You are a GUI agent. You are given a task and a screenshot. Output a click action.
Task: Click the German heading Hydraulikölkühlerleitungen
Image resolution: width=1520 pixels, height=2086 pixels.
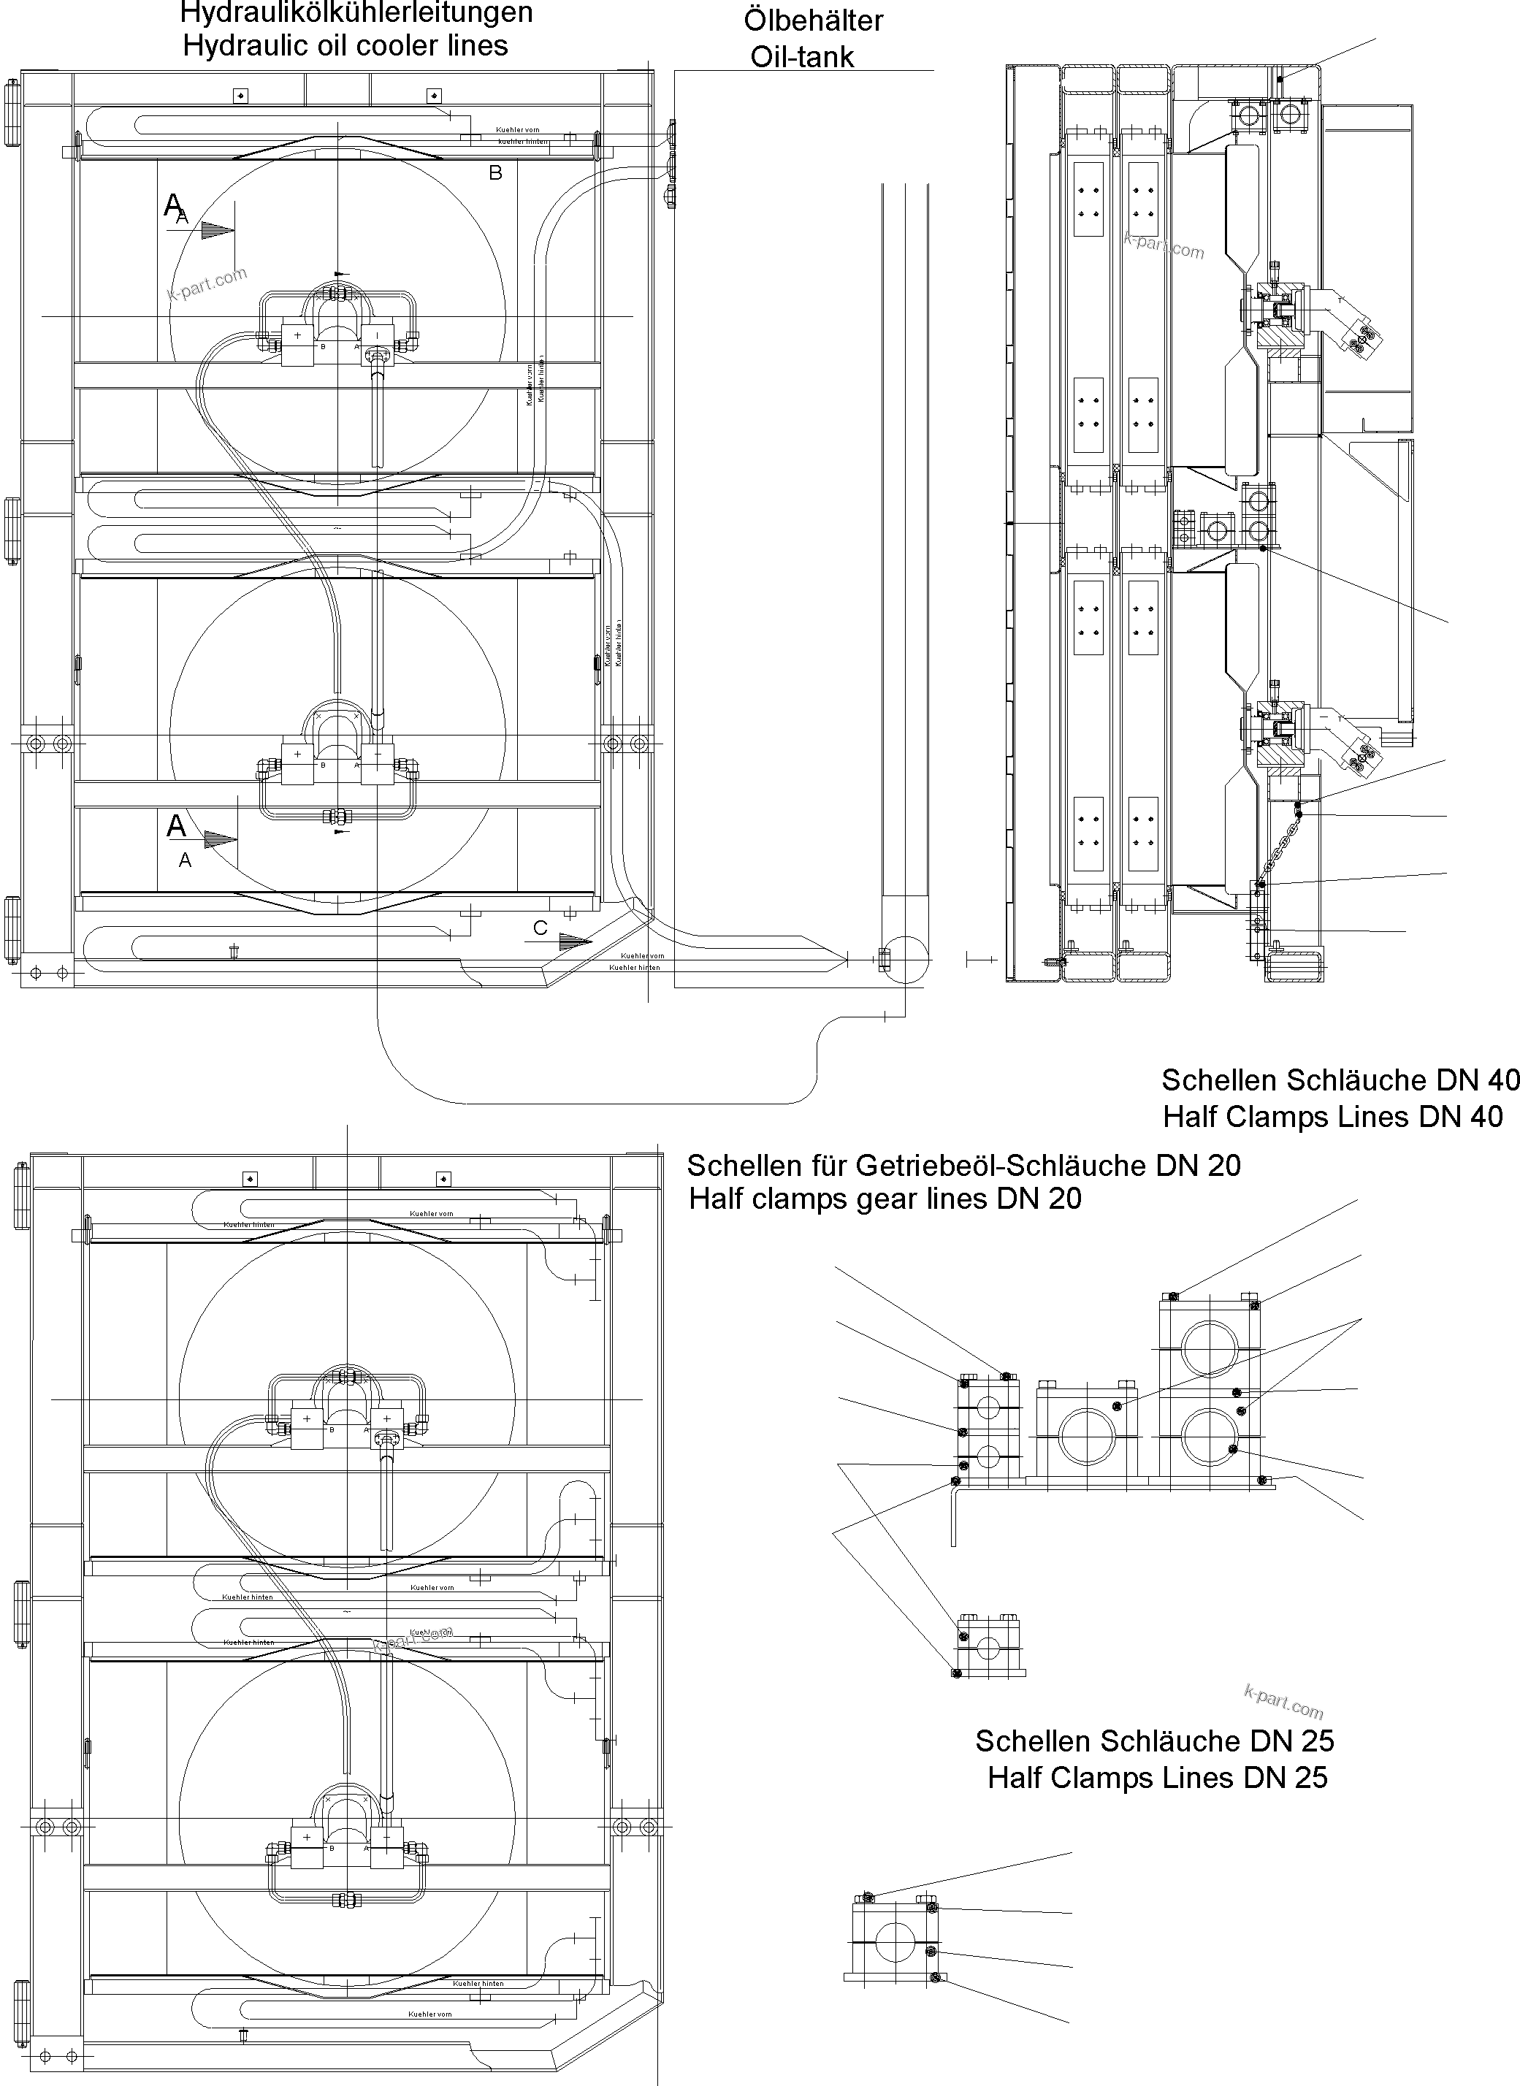pyautogui.click(x=356, y=13)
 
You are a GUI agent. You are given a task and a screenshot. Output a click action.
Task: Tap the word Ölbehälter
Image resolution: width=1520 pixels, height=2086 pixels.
pyautogui.click(x=814, y=21)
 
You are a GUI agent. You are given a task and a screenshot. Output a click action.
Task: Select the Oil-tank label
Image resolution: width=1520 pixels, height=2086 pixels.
pyautogui.click(x=802, y=57)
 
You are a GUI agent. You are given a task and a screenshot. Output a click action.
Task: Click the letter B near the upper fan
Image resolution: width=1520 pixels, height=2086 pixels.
pyautogui.click(x=495, y=173)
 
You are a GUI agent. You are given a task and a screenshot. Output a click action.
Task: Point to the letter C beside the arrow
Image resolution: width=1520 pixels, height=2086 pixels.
pyautogui.click(x=540, y=928)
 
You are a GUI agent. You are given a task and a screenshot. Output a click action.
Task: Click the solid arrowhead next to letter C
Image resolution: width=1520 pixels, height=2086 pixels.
pyautogui.click(x=575, y=941)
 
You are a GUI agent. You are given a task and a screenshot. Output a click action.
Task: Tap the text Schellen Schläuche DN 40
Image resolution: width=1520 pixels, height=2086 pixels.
pyautogui.click(x=1339, y=1080)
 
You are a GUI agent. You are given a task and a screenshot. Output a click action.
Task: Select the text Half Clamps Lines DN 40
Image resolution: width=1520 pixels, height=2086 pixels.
pyautogui.click(x=1332, y=1116)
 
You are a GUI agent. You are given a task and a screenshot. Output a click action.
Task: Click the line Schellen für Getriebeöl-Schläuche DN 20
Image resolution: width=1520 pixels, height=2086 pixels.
pyautogui.click(x=963, y=1166)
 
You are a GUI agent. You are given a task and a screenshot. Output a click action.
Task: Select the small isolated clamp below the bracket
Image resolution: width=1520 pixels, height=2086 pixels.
pyautogui.click(x=989, y=1647)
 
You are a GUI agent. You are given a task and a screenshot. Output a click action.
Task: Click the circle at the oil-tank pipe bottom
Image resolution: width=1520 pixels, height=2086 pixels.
pyautogui.click(x=906, y=959)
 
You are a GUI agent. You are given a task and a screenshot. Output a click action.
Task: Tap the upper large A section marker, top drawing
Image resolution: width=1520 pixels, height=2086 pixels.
pyautogui.click(x=173, y=205)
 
